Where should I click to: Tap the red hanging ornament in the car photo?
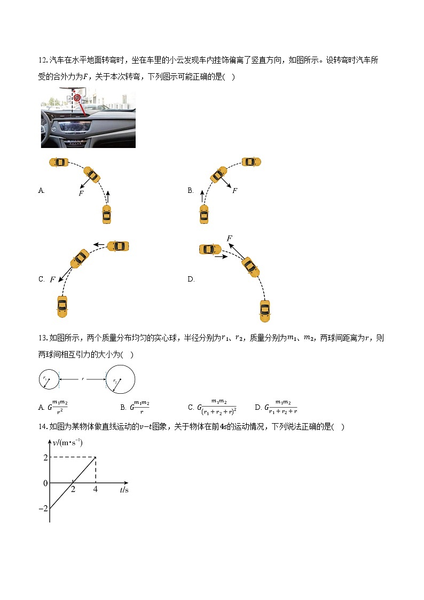pos(77,98)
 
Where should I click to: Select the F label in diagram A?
pos(81,193)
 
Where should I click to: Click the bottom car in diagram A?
pos(106,215)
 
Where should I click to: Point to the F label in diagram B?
pos(234,191)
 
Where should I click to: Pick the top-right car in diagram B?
pos(251,161)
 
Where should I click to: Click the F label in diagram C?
pos(52,279)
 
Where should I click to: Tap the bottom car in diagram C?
pos(62,306)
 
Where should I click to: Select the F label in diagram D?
pos(229,238)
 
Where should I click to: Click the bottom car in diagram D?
pos(264,310)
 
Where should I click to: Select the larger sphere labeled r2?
pos(121,380)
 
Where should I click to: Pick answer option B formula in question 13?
pos(140,407)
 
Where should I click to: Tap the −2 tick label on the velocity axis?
pos(43,509)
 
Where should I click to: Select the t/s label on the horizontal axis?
pos(124,490)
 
